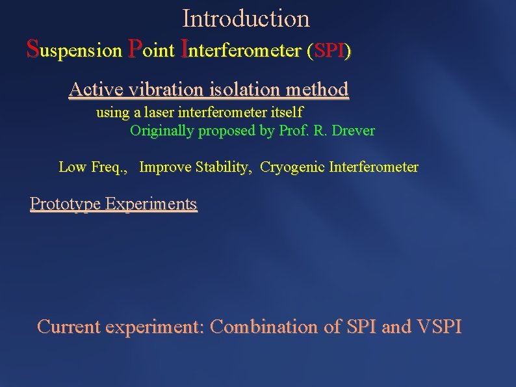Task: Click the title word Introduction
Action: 246,18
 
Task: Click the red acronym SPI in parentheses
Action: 329,51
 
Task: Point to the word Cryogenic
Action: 292,167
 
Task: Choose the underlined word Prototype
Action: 65,204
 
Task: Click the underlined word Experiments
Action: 151,204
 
